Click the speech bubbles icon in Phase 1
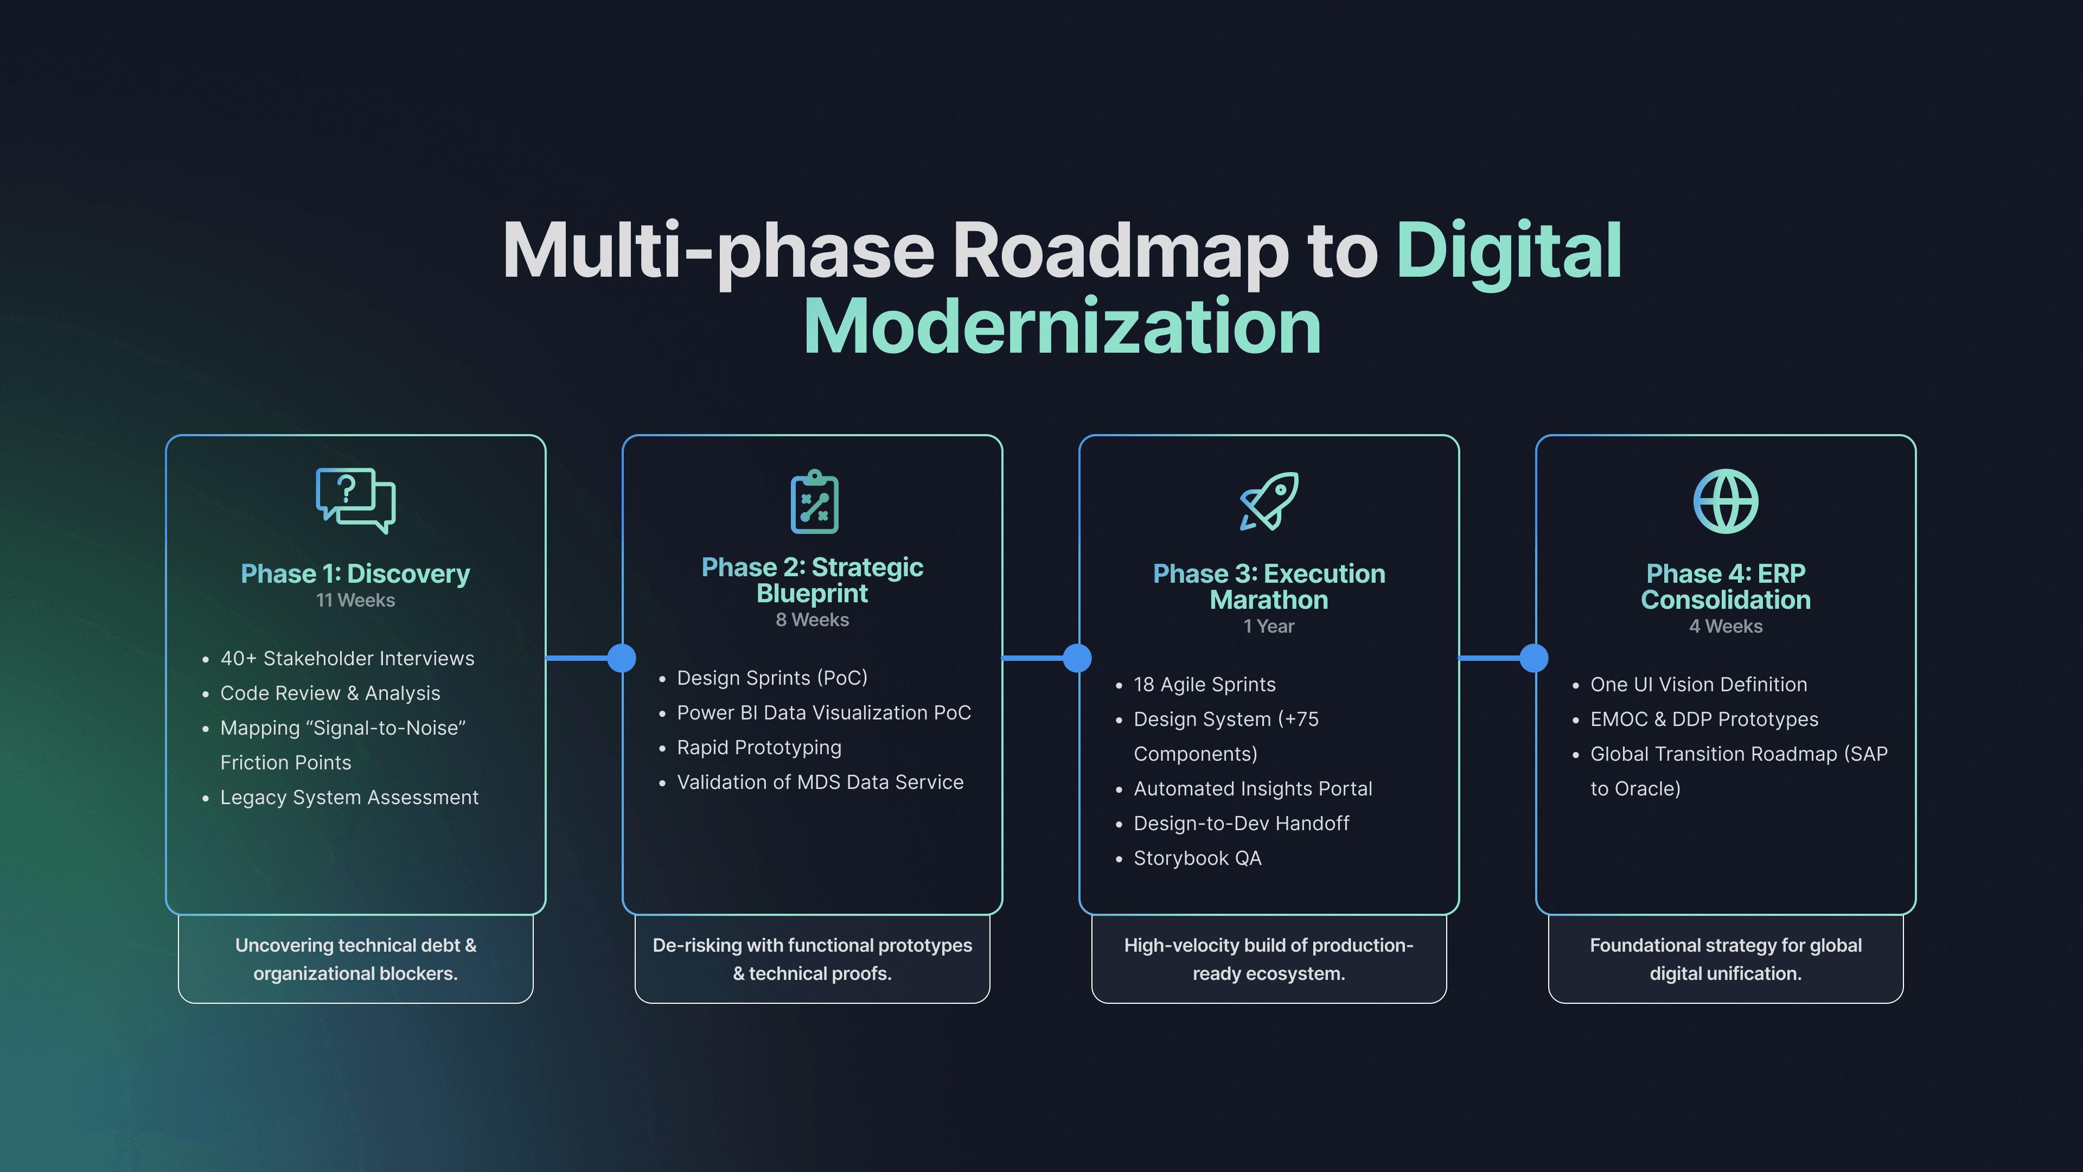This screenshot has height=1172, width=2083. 355,499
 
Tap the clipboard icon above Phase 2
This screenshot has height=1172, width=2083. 814,501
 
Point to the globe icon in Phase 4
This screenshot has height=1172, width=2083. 1725,501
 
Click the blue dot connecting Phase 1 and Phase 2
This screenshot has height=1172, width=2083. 621,658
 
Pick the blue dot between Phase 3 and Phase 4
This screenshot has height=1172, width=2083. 1533,658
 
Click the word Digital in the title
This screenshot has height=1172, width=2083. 1509,251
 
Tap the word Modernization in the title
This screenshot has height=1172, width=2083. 1062,327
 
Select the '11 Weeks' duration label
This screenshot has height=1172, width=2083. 355,600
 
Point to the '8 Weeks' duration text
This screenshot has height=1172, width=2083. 812,620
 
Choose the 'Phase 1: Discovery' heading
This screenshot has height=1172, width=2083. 355,574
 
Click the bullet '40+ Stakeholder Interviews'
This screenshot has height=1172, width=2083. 347,658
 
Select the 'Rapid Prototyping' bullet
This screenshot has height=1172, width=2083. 758,747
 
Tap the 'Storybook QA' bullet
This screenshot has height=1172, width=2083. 1197,858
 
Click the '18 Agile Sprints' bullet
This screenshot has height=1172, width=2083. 1204,684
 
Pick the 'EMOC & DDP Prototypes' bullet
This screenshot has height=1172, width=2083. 1704,719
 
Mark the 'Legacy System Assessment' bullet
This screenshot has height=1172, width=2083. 349,798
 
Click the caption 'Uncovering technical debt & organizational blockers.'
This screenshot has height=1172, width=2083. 355,959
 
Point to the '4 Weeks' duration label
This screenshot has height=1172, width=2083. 1725,626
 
